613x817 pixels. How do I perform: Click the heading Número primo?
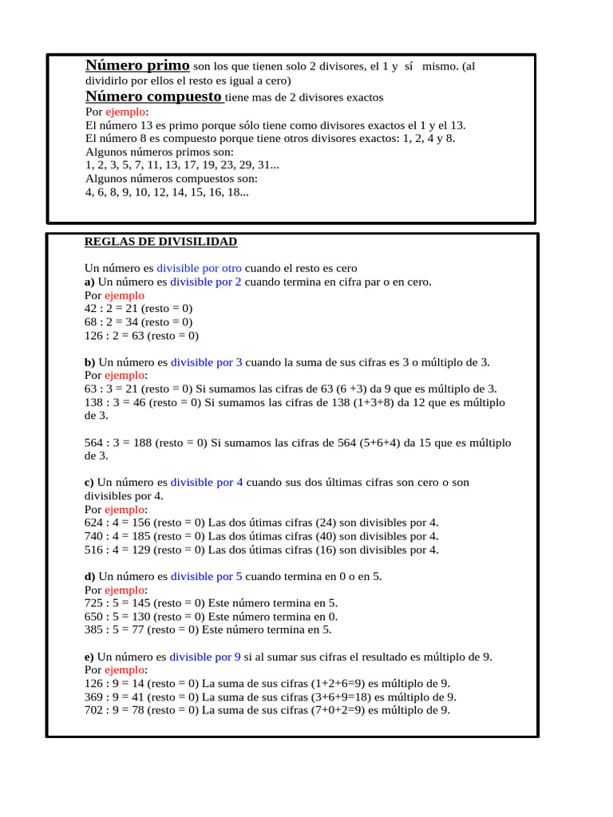[x=137, y=65]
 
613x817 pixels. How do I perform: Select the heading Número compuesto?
[x=153, y=97]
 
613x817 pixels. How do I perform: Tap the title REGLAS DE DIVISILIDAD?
[x=160, y=242]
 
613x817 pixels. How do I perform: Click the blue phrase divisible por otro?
[x=199, y=269]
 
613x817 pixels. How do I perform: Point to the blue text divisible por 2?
[x=206, y=282]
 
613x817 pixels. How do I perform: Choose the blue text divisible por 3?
[x=206, y=362]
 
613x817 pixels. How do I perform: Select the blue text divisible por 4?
[x=207, y=483]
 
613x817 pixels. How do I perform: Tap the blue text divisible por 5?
[x=207, y=576]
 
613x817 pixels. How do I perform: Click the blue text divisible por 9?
[x=205, y=657]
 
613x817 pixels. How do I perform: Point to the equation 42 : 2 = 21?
[x=111, y=309]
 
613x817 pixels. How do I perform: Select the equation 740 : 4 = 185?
[x=117, y=536]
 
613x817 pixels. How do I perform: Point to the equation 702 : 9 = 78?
[x=114, y=710]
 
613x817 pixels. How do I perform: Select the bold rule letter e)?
[x=89, y=657]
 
